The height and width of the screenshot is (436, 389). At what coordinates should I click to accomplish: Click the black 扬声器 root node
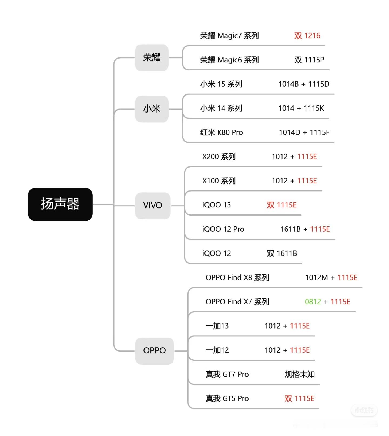pos(60,204)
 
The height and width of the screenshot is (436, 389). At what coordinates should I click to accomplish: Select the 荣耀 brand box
pos(152,58)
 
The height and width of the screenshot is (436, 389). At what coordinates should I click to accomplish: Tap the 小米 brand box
pos(152,109)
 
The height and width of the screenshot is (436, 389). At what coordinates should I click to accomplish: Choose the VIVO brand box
pos(153,206)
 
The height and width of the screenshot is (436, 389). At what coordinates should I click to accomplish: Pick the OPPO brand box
pos(155,351)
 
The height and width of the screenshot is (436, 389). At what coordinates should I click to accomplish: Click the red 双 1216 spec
pos(307,36)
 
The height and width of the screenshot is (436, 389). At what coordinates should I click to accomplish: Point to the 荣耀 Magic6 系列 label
pos(229,60)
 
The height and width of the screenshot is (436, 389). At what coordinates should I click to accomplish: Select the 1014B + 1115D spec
pos(304,84)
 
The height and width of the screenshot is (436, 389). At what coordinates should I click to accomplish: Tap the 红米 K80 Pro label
pos(222,132)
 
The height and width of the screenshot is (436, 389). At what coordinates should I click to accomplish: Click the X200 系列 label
pos(219,157)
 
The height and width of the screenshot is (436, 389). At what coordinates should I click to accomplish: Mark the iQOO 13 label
pos(217,205)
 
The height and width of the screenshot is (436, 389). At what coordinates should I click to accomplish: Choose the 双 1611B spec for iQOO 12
pos(282,253)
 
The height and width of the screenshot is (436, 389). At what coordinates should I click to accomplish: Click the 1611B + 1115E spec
pos(305,229)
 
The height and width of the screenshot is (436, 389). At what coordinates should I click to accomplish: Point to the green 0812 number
pos(313,302)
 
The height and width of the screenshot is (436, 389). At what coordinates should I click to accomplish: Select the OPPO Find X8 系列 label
pos(237,278)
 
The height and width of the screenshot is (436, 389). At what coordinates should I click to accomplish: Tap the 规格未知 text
pos(300,374)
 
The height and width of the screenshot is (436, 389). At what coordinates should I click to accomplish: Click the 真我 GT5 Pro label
pos(227,399)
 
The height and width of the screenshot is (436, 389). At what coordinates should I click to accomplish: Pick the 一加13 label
pos(217,326)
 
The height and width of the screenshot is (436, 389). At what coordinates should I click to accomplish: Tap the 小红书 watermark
pos(364,411)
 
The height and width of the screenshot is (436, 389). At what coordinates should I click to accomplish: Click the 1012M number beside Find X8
pos(316,278)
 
